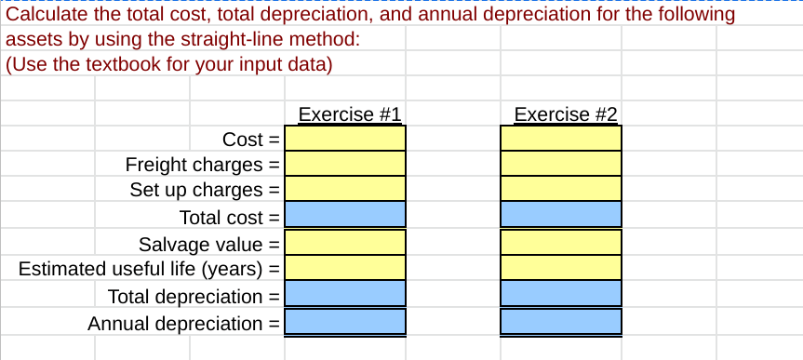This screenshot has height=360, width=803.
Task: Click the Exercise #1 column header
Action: (349, 115)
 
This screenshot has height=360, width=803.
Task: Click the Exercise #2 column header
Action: (565, 115)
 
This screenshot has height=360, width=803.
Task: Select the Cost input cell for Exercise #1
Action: (344, 139)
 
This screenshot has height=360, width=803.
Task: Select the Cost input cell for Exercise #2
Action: (560, 139)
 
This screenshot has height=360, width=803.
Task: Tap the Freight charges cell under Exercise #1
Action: (344, 164)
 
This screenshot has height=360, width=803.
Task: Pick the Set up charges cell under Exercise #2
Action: (560, 189)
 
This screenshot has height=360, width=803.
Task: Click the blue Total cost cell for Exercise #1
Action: (344, 216)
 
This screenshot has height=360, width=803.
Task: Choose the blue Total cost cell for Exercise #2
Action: (560, 216)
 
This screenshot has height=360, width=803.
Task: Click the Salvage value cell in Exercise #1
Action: (344, 243)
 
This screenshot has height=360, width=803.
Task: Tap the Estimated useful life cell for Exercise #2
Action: (560, 268)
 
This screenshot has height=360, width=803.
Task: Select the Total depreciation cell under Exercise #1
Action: (344, 295)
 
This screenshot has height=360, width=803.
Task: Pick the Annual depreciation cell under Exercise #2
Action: (560, 322)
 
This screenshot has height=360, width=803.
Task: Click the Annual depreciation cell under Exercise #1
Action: (344, 322)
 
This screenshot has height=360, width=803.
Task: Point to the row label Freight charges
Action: (194, 165)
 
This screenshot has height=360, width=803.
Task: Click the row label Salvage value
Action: (201, 244)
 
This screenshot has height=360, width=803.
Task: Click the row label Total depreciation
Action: (186, 297)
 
